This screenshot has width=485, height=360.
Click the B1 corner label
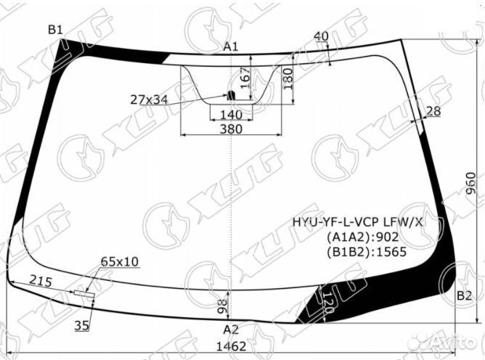pos(55,30)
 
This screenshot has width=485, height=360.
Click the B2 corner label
pos(465,295)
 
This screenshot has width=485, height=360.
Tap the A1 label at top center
pos(231,46)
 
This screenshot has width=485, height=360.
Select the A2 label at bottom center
pos(231,329)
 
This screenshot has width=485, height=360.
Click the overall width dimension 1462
pos(231,347)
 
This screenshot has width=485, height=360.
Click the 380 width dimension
pos(230,129)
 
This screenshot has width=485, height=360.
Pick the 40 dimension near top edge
pos(321,36)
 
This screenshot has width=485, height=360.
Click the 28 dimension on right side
pos(433,111)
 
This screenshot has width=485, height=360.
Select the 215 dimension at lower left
pos(41,280)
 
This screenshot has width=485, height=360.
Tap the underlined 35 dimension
pos(81,326)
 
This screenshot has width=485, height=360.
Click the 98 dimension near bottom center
pos(222,305)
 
